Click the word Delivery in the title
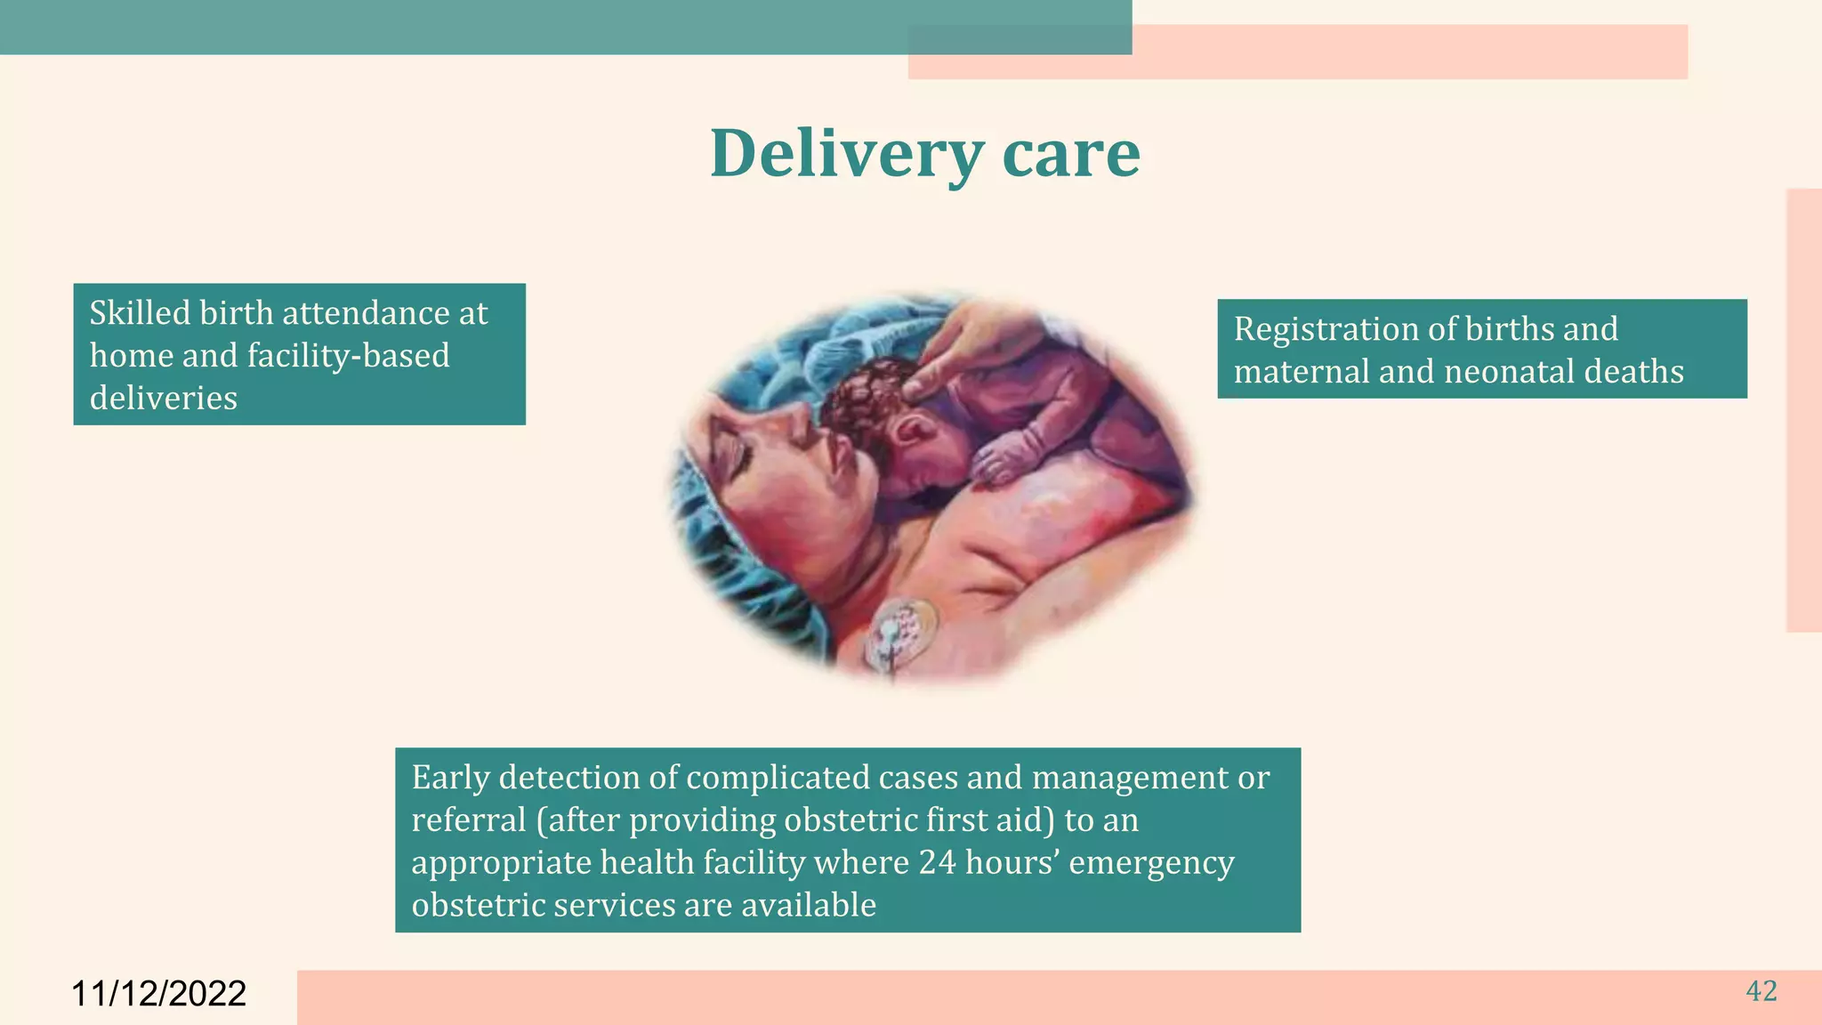point(846,154)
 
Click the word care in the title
point(1070,154)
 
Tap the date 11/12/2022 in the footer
point(158,994)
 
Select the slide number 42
point(1762,991)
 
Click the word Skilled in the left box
point(140,313)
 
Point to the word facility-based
point(348,356)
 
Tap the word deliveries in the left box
point(164,398)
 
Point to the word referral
point(469,820)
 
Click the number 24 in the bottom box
point(938,863)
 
